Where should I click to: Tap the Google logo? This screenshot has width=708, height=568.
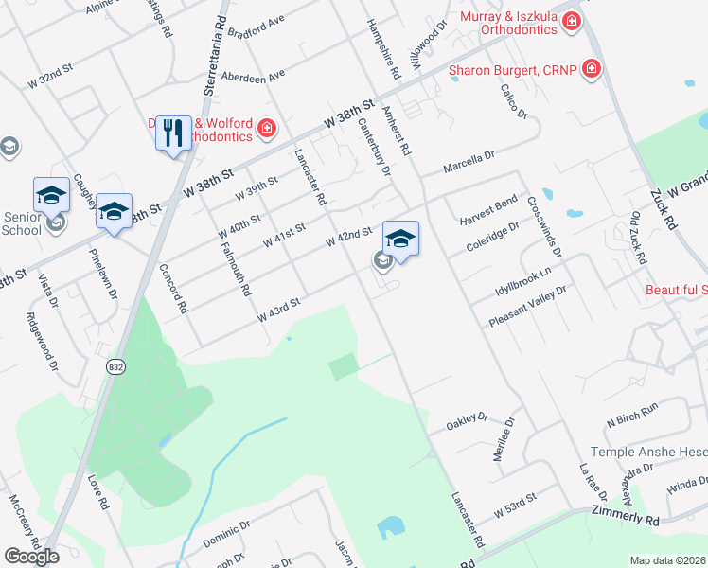pos(31,557)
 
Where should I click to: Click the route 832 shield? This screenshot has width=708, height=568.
pos(115,366)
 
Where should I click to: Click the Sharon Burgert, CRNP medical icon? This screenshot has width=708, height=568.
pos(592,68)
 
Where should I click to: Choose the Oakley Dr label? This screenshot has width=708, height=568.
pos(467,419)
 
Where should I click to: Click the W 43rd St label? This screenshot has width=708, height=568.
pos(280,309)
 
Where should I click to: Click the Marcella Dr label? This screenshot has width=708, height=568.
pos(470,162)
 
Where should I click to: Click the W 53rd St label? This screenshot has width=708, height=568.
pos(515,502)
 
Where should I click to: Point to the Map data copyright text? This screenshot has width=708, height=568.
pos(668,560)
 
